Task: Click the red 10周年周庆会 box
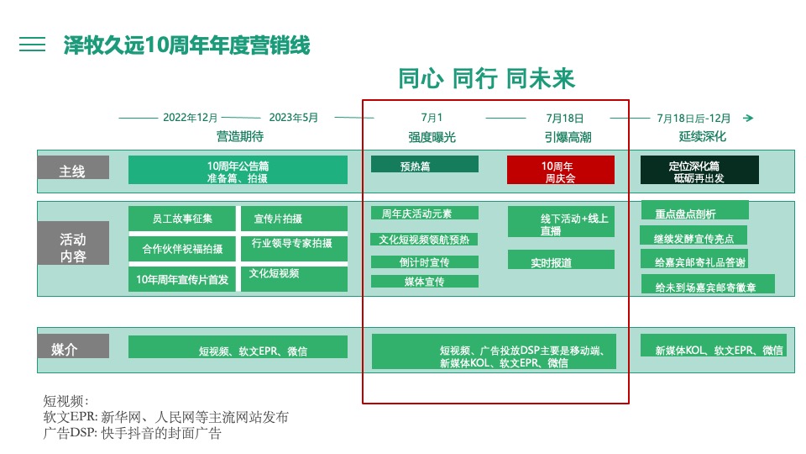click(x=560, y=170)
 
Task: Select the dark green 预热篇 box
click(x=424, y=164)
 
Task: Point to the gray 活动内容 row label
click(x=73, y=244)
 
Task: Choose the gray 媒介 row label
click(x=73, y=346)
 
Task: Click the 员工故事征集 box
click(x=182, y=219)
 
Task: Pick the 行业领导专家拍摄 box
click(x=293, y=247)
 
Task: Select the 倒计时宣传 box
click(x=424, y=262)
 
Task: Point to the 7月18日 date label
click(x=564, y=119)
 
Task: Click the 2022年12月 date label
click(x=191, y=118)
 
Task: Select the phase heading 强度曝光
click(x=432, y=136)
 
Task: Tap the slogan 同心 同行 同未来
click(x=486, y=79)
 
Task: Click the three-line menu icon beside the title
click(x=33, y=45)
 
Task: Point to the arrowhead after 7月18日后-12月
click(x=748, y=119)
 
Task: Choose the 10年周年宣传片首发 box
click(x=182, y=279)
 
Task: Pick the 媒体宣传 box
click(x=424, y=282)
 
